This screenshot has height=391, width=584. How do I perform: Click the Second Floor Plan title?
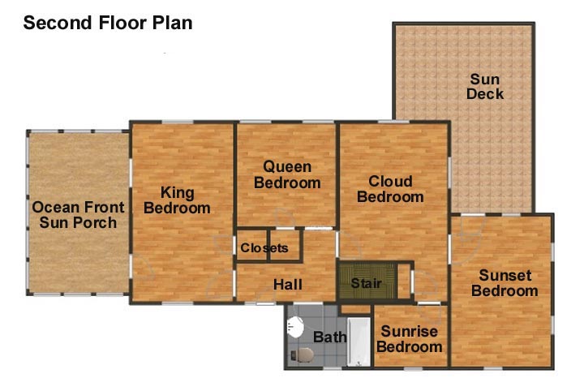[108, 23]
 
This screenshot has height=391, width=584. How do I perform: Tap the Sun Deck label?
[484, 86]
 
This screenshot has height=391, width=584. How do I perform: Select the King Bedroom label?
[177, 200]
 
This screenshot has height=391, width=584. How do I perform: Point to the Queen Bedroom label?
[287, 174]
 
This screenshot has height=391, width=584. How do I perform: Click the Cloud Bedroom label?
[390, 189]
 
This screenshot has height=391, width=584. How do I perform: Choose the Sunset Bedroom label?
[505, 283]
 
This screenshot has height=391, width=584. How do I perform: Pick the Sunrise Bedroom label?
[410, 339]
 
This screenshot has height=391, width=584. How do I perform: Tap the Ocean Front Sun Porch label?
[78, 215]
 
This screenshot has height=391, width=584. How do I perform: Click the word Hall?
[287, 285]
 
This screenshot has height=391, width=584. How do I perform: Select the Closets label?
[264, 247]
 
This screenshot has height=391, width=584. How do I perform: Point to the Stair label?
[367, 283]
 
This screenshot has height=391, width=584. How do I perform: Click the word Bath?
[329, 337]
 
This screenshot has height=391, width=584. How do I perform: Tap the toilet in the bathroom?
[303, 354]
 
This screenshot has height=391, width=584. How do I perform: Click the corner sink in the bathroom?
[295, 327]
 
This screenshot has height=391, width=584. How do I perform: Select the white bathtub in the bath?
[359, 342]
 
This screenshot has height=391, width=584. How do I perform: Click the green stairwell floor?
[367, 281]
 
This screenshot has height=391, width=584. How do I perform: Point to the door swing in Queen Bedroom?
[285, 217]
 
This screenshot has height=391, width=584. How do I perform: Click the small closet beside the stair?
[404, 281]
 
